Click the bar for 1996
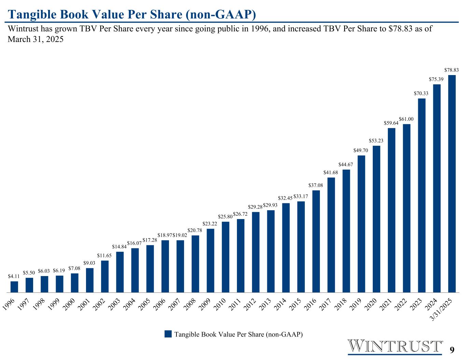click(x=14, y=287)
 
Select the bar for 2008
click(x=195, y=264)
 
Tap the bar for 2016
click(x=316, y=241)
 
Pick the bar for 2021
click(x=392, y=210)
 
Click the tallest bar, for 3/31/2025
click(x=452, y=184)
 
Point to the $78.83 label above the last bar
click(x=451, y=70)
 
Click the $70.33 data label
click(x=421, y=93)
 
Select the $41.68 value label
click(x=331, y=172)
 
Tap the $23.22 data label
click(x=210, y=224)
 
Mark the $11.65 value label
click(x=104, y=255)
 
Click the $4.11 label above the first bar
click(x=14, y=276)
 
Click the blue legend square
click(x=168, y=334)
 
